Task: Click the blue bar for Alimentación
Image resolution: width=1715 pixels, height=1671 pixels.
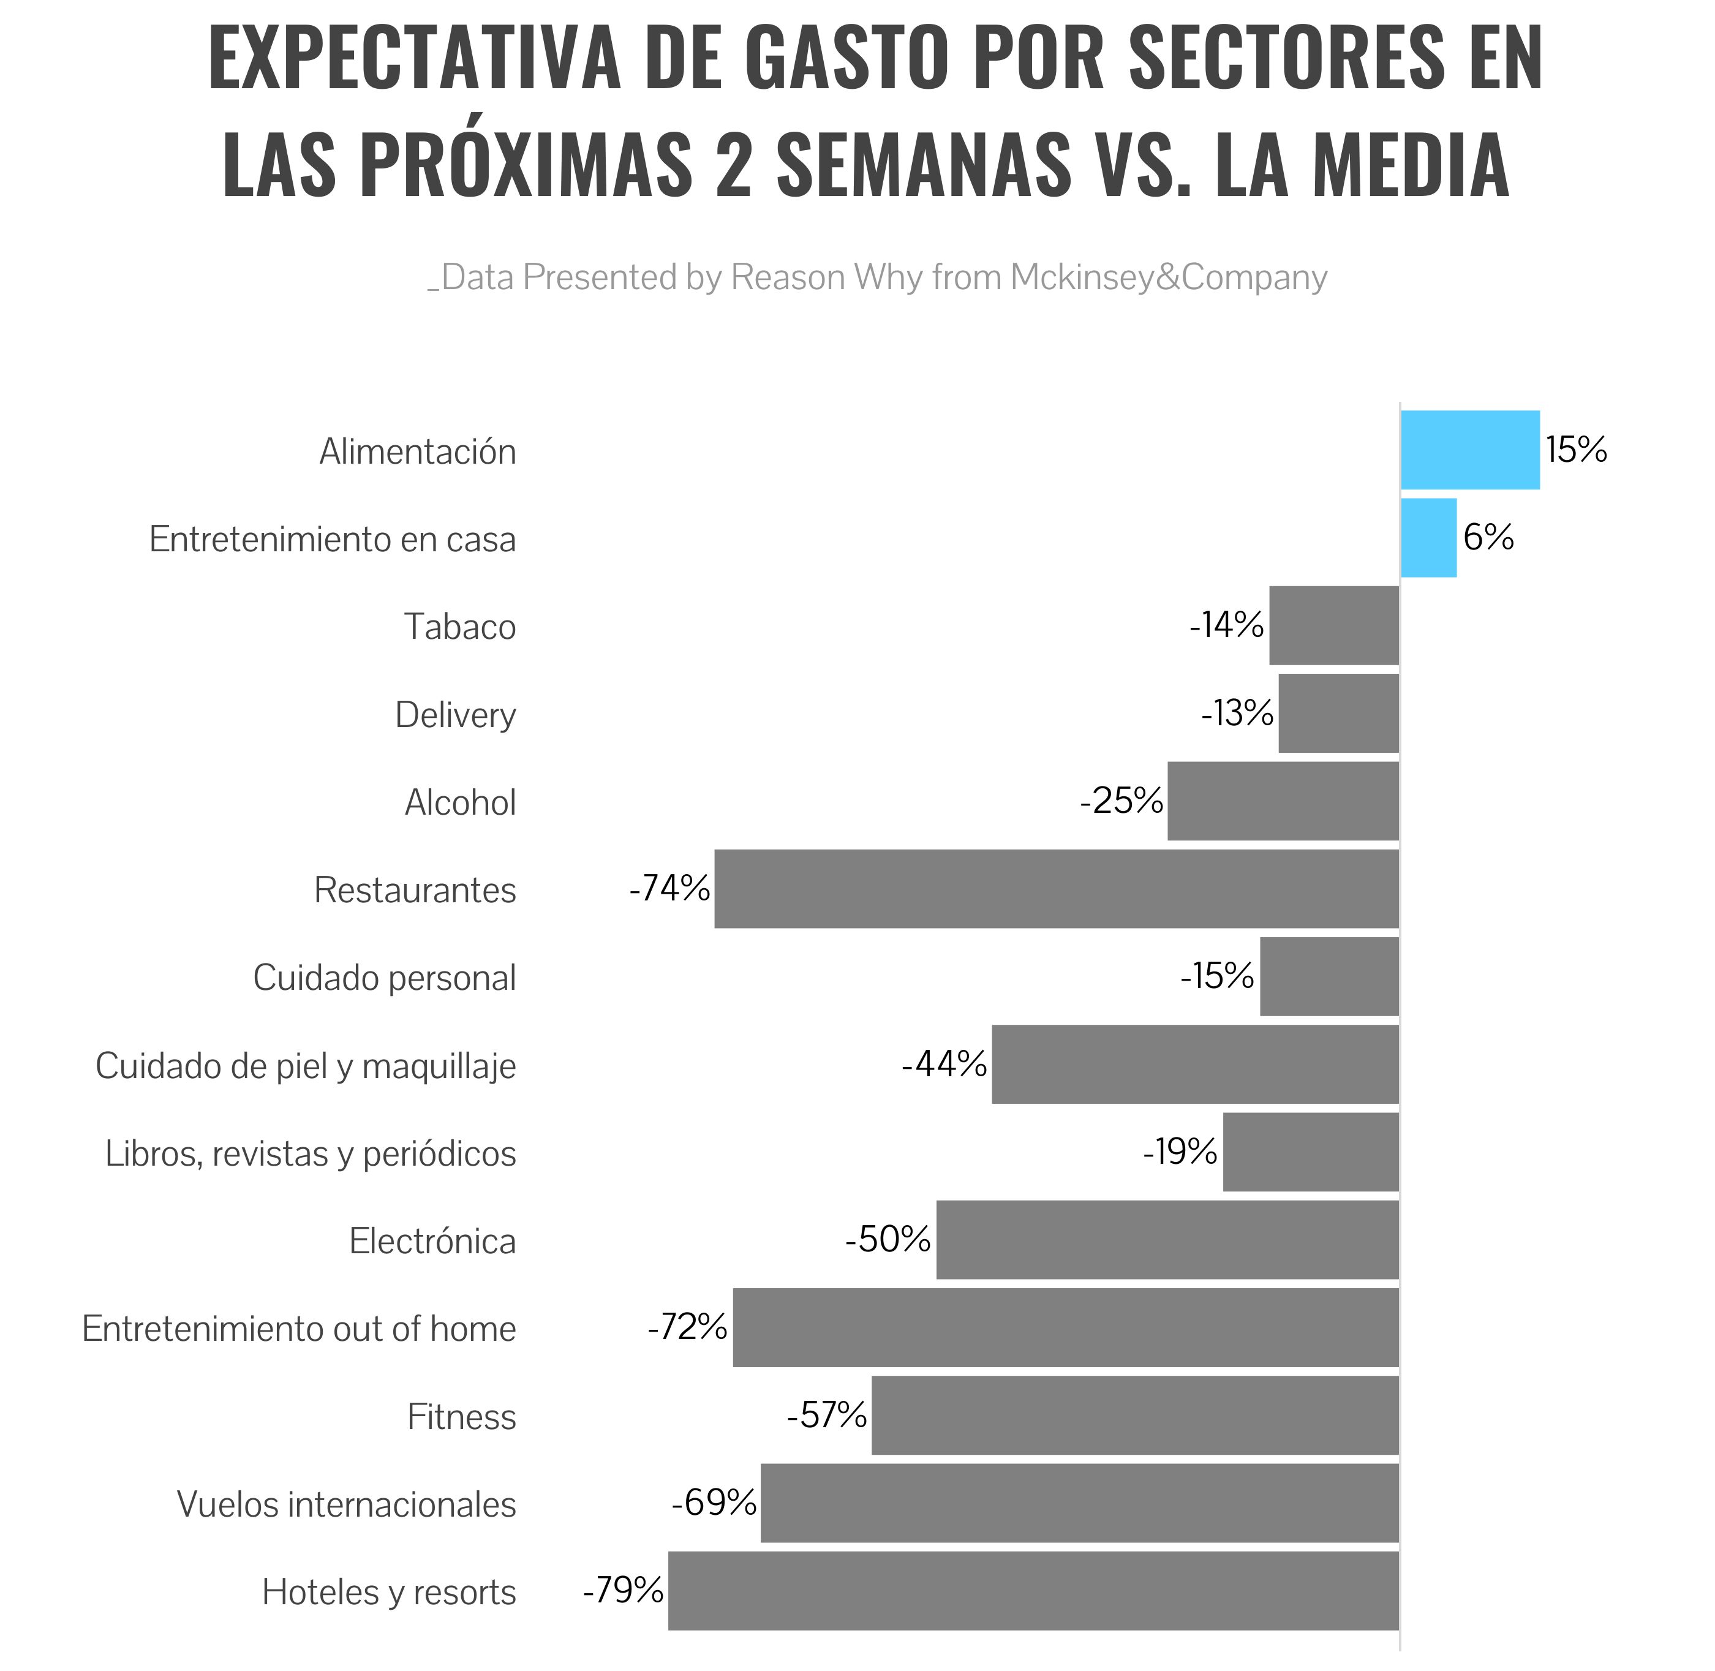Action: tap(1469, 450)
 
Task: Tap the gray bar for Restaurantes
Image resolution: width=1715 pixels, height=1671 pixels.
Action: tap(1056, 888)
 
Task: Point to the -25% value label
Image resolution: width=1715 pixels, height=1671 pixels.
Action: tap(1121, 801)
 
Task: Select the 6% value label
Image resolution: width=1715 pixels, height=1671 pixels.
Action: tap(1488, 537)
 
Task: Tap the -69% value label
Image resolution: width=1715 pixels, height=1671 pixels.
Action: tap(714, 1503)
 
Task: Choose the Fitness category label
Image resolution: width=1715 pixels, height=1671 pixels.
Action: tap(462, 1416)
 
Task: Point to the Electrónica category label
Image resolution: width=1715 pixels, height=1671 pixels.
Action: tap(432, 1241)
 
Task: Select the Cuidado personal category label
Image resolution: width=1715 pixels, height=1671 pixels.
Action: tap(385, 978)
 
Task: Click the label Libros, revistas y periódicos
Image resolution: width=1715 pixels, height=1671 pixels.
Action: tap(311, 1153)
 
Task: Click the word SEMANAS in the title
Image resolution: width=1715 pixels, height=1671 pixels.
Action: tap(923, 165)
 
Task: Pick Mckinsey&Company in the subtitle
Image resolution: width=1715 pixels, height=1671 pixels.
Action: tap(1168, 277)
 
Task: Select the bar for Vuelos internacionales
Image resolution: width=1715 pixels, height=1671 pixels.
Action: tap(1079, 1503)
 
